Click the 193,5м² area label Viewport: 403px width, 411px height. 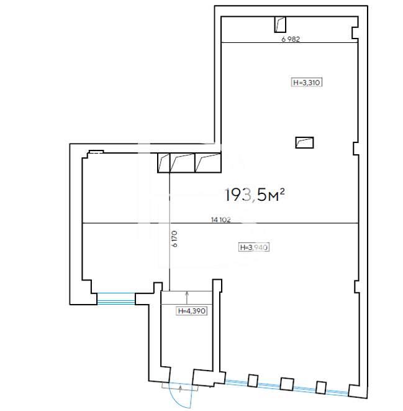(255, 195)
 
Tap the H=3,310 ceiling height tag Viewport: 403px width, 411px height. (306, 82)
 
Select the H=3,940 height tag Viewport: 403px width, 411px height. (254, 247)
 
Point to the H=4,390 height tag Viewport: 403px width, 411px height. (192, 311)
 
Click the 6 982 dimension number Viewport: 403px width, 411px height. (291, 39)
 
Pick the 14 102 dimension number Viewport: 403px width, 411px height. (221, 219)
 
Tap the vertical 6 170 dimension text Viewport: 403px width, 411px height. (174, 239)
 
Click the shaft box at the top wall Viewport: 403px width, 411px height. (280, 24)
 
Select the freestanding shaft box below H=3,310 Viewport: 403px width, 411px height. (304, 142)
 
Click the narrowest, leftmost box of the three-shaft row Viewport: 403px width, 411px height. (164, 163)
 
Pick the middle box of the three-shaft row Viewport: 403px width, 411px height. (183, 163)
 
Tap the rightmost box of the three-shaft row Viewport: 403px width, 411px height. (208, 163)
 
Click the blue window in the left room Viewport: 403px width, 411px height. (116, 299)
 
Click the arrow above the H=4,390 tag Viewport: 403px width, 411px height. (187, 298)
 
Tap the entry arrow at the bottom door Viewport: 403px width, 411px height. (180, 389)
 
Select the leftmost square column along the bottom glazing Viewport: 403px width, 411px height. (253, 381)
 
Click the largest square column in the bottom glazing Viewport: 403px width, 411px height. (286, 384)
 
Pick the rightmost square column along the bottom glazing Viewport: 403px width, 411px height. (321, 387)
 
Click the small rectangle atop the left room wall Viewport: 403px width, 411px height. (96, 152)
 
